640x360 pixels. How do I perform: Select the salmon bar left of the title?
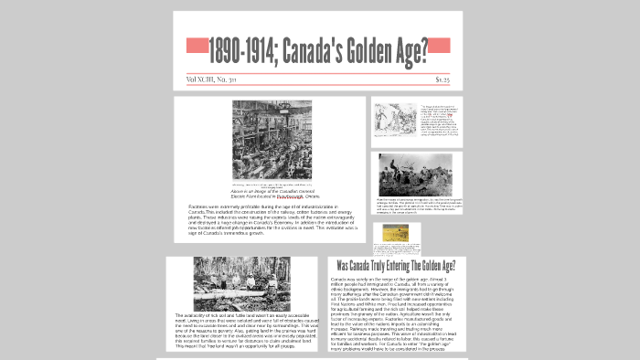[x=197, y=45]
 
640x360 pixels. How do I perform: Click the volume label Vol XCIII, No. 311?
[x=208, y=79]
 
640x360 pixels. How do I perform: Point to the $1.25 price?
[x=442, y=79]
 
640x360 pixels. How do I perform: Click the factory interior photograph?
[x=272, y=139]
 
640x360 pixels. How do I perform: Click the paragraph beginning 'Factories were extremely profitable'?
[x=272, y=221]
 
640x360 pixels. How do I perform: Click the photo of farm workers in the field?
[x=415, y=174]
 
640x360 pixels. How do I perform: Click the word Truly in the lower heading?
[x=386, y=266]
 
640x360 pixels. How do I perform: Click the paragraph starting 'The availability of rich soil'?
[x=241, y=333]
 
